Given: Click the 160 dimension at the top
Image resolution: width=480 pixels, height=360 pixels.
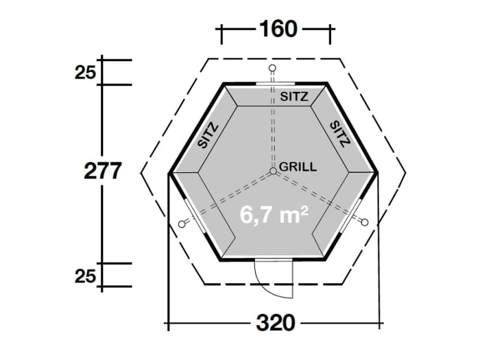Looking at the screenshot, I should coord(278,29).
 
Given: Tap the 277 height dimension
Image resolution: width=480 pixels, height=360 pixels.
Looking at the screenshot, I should coord(103,171).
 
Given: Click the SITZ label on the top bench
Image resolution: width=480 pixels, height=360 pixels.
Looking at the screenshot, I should coord(294,97).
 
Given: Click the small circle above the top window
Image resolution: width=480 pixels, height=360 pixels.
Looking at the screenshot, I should coord(272,68).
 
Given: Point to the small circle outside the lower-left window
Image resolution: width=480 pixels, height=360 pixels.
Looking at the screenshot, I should coord(182,224).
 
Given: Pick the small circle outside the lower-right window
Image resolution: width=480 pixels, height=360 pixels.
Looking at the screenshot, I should coord(364,222).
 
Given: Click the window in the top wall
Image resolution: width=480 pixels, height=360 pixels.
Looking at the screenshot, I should coord(272,84).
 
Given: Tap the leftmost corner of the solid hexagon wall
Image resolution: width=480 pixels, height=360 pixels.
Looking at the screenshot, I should coord(170,173).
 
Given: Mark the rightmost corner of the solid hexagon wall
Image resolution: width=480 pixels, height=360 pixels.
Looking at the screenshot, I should coord(377,171).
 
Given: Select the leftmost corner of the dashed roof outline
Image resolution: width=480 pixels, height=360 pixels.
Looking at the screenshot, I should coord(141,172).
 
